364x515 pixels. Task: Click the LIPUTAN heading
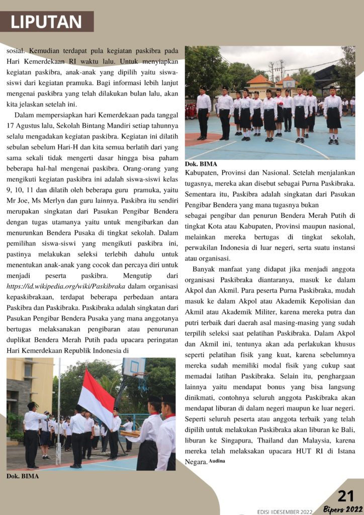click(46, 22)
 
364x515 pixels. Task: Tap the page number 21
click(346, 496)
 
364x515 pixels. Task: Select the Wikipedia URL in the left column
click(66, 286)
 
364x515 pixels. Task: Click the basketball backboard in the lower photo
click(134, 367)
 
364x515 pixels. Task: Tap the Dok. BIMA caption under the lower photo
click(22, 476)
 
